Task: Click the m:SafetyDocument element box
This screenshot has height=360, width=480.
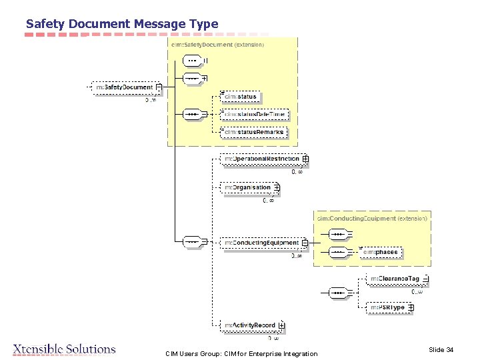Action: point(124,87)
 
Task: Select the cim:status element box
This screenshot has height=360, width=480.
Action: point(240,97)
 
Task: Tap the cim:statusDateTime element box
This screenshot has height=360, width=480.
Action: point(255,115)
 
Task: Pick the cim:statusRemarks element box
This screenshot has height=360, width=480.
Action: point(255,132)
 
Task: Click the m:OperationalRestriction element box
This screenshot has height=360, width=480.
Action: point(261,159)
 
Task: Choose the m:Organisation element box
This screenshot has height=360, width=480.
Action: point(247,188)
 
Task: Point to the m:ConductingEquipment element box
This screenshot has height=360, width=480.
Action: point(261,243)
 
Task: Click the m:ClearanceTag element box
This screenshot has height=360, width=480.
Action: point(395,279)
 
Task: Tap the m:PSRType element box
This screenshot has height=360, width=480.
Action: point(387,307)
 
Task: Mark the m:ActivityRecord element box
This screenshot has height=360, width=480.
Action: point(249,325)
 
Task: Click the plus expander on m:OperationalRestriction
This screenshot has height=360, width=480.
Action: point(305,159)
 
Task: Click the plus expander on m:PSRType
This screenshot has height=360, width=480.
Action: point(411,307)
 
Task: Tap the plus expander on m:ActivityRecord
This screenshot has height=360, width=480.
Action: point(281,325)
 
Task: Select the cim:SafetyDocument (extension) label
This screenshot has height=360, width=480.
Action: point(217,45)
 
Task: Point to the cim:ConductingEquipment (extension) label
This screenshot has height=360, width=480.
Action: point(372,218)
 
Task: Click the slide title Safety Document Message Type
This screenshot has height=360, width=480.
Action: point(122,24)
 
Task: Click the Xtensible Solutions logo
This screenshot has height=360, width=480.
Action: point(65,349)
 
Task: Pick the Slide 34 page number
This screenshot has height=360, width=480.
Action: point(441,349)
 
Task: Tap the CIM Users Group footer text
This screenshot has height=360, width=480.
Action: point(241,353)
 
